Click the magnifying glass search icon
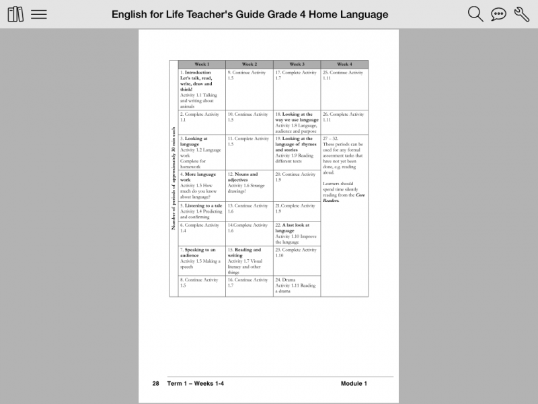[x=475, y=14]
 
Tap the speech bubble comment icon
[x=498, y=14]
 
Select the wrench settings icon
[x=521, y=14]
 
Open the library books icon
[x=15, y=14]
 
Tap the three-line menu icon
[x=39, y=14]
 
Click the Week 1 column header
[x=202, y=65]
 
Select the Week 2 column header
[x=249, y=65]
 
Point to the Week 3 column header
[x=297, y=65]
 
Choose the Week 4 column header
[x=344, y=65]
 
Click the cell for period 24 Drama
[x=297, y=285]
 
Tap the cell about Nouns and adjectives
[x=249, y=186]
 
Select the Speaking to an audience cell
[x=202, y=260]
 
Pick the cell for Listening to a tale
[x=202, y=211]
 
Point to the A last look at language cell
[x=297, y=233]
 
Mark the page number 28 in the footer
[x=155, y=383]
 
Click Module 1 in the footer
[x=354, y=383]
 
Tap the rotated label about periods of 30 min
[x=174, y=178]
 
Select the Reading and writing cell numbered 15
[x=249, y=260]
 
